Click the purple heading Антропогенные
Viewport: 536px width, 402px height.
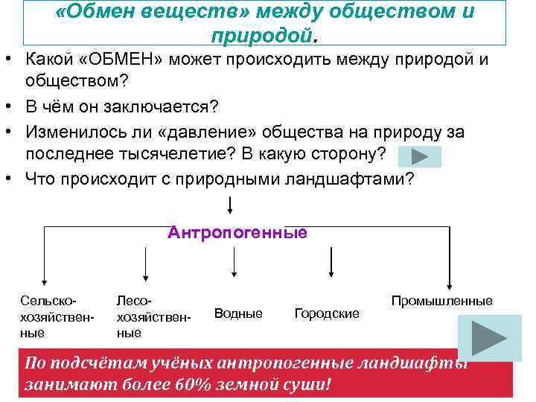(x=237, y=232)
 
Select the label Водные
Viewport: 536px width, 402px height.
(x=238, y=313)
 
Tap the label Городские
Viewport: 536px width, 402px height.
(x=327, y=313)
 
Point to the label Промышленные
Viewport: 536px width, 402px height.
(x=442, y=301)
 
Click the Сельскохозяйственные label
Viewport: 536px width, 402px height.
(x=48, y=316)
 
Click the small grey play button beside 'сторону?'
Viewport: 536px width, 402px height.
(x=419, y=156)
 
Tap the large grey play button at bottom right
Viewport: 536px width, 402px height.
(x=488, y=338)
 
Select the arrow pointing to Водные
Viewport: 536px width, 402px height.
(x=236, y=262)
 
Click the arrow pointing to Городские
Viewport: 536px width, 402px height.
(x=331, y=262)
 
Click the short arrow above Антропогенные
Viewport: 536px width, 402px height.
(x=232, y=204)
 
